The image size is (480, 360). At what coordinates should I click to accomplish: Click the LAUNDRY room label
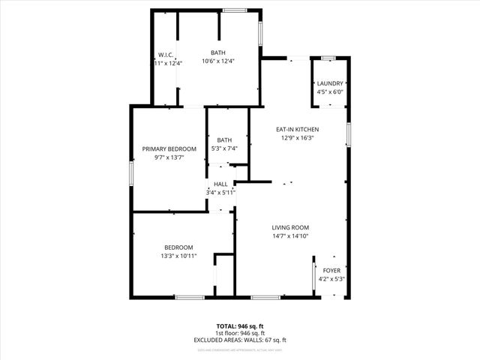click(x=330, y=83)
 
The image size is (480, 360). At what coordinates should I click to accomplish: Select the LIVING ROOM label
click(x=290, y=227)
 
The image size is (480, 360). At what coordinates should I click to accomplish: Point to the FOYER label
click(x=331, y=270)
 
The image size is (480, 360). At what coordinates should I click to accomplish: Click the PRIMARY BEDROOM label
click(x=169, y=149)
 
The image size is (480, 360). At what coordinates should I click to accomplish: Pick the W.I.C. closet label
click(x=166, y=53)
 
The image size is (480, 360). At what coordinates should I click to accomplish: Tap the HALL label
click(x=220, y=184)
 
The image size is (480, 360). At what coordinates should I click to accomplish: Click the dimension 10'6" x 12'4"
click(x=218, y=61)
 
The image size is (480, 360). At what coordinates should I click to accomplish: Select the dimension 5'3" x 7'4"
click(x=224, y=149)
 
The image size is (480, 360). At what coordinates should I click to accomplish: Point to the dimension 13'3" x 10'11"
click(x=179, y=256)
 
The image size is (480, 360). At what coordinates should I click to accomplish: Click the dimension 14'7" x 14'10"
click(x=290, y=236)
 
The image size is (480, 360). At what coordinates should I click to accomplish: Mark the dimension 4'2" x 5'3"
click(x=331, y=279)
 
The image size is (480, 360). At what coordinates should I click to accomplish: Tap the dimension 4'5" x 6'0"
click(x=330, y=92)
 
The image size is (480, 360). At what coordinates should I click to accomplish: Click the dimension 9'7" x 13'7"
click(x=169, y=158)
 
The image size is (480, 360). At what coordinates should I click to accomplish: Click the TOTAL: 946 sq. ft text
click(x=240, y=325)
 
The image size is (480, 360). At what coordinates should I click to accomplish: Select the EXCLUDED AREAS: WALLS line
click(x=240, y=340)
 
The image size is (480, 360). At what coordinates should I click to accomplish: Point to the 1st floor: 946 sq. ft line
click(x=240, y=333)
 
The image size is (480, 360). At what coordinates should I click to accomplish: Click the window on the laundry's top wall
click(x=328, y=58)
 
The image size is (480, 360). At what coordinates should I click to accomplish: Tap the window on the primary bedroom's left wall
click(x=131, y=172)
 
